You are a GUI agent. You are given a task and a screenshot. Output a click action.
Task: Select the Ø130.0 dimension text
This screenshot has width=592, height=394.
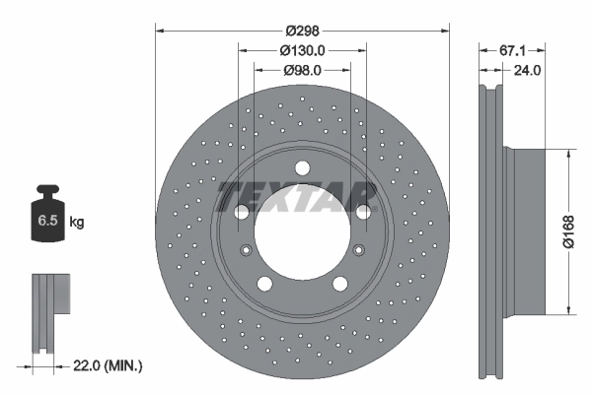point(302,50)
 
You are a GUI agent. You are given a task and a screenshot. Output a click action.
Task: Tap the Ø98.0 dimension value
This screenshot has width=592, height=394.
point(302,71)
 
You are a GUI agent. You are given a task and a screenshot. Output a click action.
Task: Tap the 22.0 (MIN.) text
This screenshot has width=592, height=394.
point(107,365)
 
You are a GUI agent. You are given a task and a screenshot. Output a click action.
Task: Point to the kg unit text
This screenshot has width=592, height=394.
point(76,223)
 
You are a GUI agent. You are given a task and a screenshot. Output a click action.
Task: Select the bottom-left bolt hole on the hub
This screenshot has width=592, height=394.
point(263,284)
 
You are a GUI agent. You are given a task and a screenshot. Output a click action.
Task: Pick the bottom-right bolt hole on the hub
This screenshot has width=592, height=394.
point(340,284)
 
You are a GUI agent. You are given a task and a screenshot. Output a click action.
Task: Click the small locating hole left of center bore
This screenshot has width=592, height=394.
point(245,248)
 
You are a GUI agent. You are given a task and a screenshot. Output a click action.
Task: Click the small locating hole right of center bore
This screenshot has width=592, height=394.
point(359,248)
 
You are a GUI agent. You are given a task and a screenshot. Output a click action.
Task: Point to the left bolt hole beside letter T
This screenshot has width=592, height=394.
point(240,212)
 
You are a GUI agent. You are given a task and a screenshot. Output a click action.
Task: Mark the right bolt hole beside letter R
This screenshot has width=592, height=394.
point(363,212)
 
